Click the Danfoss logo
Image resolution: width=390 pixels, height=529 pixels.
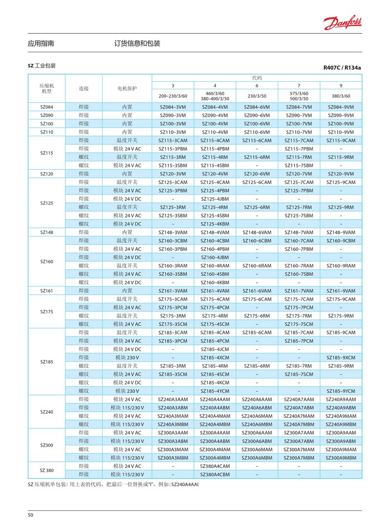[343, 22]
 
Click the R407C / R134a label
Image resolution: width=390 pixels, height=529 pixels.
[343, 68]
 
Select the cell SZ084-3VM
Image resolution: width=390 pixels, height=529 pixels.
[172, 107]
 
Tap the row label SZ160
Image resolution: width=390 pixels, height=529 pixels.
[46, 261]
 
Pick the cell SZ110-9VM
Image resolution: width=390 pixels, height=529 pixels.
[341, 132]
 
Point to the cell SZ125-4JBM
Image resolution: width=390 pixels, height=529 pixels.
[215, 199]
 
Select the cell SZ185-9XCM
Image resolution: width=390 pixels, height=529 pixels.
[341, 357]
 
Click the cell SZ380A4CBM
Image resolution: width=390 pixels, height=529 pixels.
[215, 474]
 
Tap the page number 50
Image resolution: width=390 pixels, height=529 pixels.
[31, 515]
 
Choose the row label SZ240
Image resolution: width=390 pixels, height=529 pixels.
[46, 412]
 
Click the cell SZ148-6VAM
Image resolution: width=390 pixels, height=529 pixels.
[257, 232]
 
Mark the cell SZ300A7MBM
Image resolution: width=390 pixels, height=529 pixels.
[299, 457]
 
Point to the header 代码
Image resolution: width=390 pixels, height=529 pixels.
[257, 77]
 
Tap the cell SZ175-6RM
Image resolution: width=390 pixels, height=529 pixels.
[257, 316]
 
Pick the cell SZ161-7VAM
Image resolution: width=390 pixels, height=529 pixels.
[299, 291]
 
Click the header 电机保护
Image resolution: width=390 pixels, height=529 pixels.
[127, 88]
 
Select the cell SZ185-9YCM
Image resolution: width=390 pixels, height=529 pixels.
[341, 391]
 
